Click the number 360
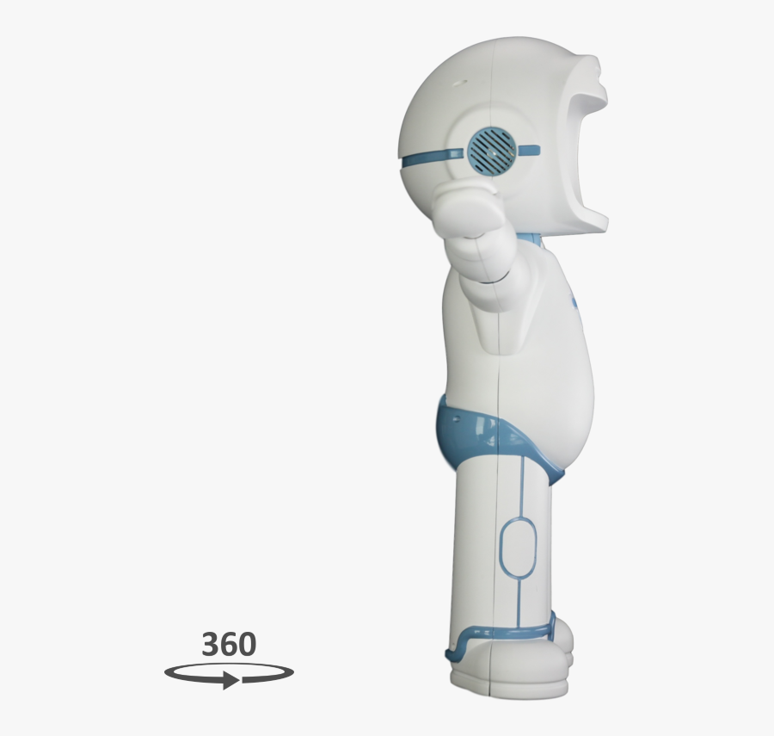coord(229,645)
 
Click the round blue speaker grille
coord(489,147)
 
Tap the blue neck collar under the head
coord(530,238)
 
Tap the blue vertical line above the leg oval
coord(521,486)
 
